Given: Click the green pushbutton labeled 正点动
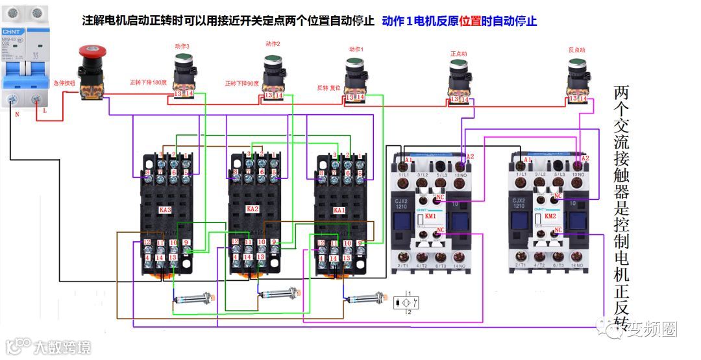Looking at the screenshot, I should [x=459, y=65].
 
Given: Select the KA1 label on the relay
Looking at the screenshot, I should [x=339, y=210].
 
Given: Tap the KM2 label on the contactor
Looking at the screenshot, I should [x=550, y=215].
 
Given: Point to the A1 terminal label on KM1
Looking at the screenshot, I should [x=409, y=160].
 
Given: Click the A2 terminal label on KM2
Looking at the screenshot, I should [x=584, y=158].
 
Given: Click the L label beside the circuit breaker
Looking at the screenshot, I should [x=44, y=112].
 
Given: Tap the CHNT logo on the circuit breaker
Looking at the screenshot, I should [x=12, y=31].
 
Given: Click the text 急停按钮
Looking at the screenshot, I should [x=64, y=83].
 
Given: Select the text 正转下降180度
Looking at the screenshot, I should [x=148, y=82].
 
